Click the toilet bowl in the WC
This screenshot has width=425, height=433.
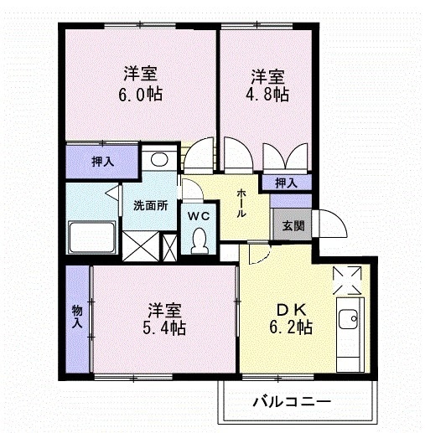click(199, 242)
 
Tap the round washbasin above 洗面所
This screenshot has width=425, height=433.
click(156, 159)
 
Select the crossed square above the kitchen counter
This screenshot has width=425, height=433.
click(348, 279)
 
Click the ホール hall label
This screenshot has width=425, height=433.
click(242, 203)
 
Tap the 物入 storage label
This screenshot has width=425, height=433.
click(77, 317)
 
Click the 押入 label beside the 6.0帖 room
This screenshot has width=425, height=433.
click(91, 162)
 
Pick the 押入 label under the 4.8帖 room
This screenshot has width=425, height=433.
click(286, 182)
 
